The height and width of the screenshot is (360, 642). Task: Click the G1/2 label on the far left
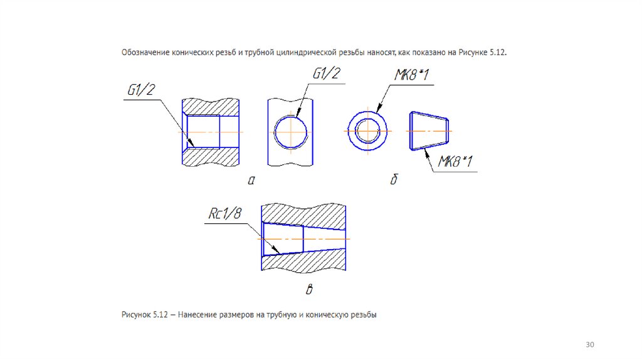(140, 90)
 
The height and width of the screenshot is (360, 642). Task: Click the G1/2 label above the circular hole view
(327, 74)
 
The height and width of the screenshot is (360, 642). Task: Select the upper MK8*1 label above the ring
(411, 76)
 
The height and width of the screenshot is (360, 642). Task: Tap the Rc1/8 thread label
(224, 214)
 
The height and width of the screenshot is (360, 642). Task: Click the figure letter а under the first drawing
(251, 181)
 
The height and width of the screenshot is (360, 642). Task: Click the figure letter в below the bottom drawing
(308, 290)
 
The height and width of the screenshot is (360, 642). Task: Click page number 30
(589, 345)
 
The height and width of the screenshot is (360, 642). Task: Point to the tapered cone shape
(429, 131)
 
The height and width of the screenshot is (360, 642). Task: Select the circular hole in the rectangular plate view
(291, 132)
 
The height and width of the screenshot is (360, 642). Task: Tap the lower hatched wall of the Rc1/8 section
(304, 261)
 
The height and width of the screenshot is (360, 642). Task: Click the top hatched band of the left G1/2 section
(210, 106)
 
